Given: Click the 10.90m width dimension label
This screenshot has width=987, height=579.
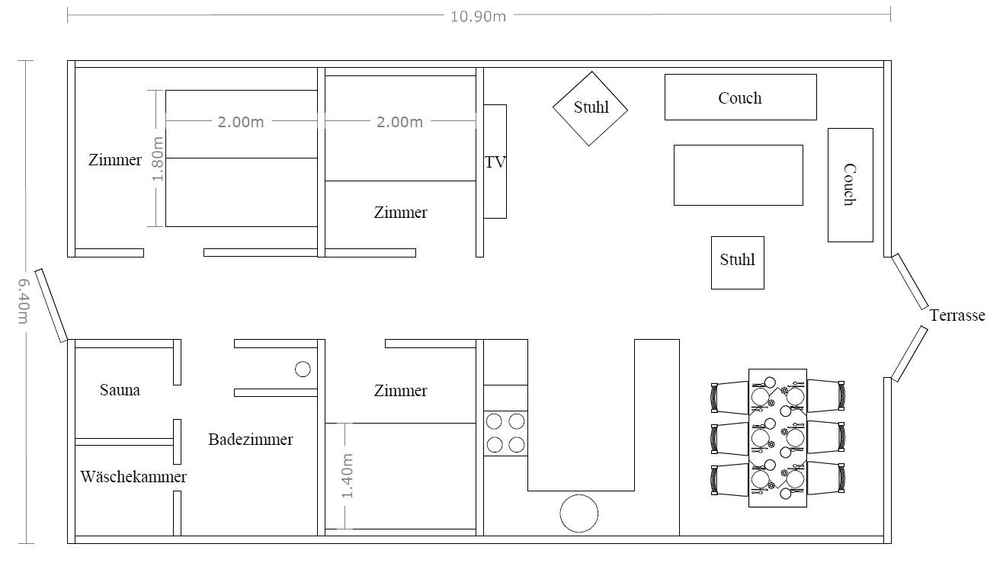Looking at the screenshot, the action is (x=478, y=17).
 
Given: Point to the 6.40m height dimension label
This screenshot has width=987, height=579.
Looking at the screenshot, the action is (x=23, y=301).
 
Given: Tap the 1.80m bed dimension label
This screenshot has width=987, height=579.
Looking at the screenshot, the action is (x=157, y=159).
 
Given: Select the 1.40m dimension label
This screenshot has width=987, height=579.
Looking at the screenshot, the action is (x=348, y=476).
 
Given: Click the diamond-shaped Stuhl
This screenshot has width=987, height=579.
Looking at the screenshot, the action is (x=591, y=108).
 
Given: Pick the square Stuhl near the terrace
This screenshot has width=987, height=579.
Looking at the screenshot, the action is (x=738, y=263).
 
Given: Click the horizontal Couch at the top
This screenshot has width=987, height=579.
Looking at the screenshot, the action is (x=741, y=97).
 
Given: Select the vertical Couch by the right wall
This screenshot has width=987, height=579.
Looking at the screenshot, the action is (x=851, y=185).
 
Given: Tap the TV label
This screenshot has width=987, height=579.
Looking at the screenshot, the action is (x=495, y=162).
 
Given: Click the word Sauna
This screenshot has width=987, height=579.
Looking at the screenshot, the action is (x=120, y=389).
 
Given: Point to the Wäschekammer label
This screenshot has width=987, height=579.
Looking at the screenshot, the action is (x=133, y=476).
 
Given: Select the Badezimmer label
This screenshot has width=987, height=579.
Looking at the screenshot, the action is (x=251, y=439).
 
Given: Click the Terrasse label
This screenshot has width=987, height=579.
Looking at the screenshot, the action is (x=957, y=315).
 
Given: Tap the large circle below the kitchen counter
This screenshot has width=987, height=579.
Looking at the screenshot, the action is (x=579, y=513).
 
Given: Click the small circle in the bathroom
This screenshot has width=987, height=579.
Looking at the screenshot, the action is (x=303, y=369).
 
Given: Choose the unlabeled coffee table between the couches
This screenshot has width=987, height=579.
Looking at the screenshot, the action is (x=739, y=175).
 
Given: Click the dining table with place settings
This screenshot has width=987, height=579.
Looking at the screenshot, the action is (x=777, y=438).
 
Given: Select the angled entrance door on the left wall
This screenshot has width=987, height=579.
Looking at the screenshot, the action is (x=51, y=305).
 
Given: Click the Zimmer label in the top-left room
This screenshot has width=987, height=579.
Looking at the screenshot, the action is (x=115, y=159).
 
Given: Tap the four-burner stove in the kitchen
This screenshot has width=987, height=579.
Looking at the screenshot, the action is (x=505, y=433).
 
